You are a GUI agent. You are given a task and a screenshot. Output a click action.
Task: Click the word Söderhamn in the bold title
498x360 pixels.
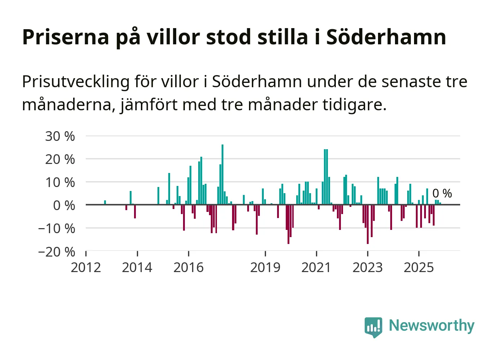[x=386, y=37]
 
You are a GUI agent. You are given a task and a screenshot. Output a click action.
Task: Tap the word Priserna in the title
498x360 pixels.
[x=66, y=37]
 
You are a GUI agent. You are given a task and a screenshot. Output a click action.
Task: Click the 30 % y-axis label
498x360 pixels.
[x=60, y=136]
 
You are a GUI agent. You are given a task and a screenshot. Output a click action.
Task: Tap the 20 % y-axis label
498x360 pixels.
[x=60, y=159]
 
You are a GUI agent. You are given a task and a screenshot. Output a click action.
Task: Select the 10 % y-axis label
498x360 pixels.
[x=60, y=182]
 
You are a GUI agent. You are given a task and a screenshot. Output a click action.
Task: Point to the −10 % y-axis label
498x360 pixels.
[x=57, y=228]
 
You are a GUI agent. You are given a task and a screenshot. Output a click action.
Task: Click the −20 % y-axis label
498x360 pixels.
[x=57, y=252]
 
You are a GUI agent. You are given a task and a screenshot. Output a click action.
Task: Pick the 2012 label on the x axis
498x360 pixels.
[x=86, y=268]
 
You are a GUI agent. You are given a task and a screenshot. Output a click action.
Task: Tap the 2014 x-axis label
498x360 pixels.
[x=137, y=268]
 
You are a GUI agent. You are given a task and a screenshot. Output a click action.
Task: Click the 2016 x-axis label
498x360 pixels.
[x=188, y=268]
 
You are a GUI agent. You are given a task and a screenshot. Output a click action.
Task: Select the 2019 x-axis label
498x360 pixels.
[x=265, y=268]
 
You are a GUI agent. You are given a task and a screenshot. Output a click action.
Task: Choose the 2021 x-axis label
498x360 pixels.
[x=316, y=268]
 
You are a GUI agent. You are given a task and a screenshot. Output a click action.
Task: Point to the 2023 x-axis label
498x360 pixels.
[x=368, y=268]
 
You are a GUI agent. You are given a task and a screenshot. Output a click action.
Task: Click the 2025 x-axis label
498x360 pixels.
[x=419, y=268]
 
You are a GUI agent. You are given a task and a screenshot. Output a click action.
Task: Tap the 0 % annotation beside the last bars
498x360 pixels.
[x=442, y=194]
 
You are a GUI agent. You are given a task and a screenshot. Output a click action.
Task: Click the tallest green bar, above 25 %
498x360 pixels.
[x=222, y=174]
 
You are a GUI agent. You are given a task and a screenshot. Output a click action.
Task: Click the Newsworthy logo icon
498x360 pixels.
[x=373, y=327]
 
